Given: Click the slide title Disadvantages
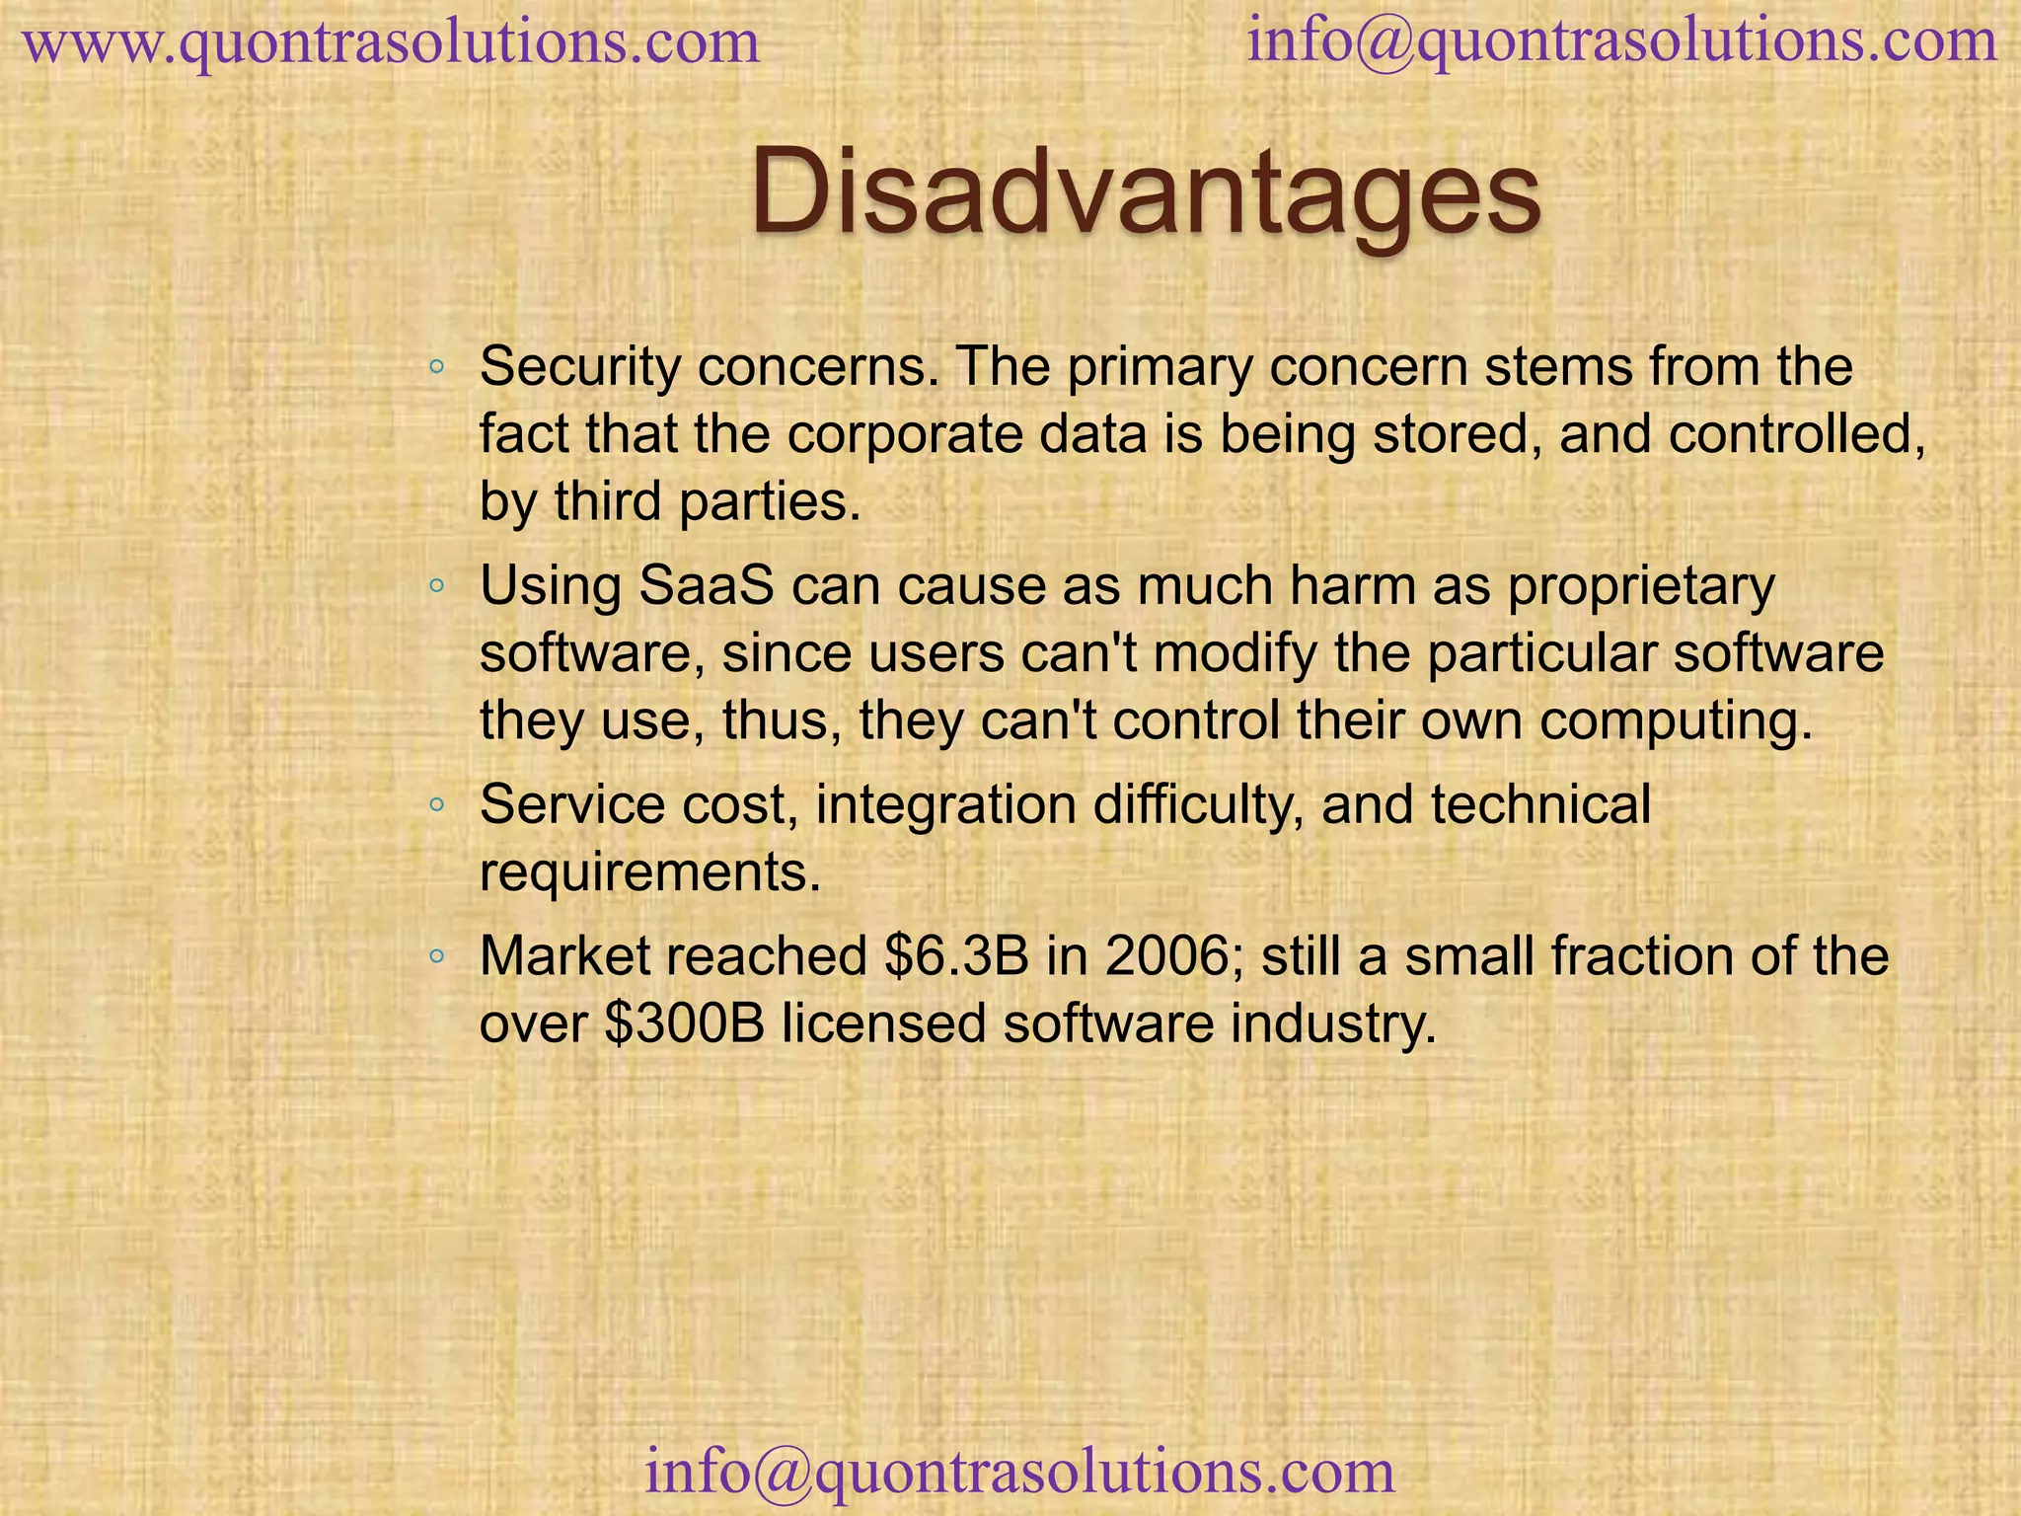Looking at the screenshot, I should [1145, 191].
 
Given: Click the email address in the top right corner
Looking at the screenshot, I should [1622, 42].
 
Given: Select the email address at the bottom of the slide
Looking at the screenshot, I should [1019, 1472].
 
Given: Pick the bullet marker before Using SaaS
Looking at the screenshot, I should [436, 588].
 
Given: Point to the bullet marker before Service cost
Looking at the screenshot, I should [436, 807].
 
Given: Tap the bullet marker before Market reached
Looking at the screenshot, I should [436, 958].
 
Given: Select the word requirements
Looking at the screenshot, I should [649, 872].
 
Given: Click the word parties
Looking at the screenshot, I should [771, 502].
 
